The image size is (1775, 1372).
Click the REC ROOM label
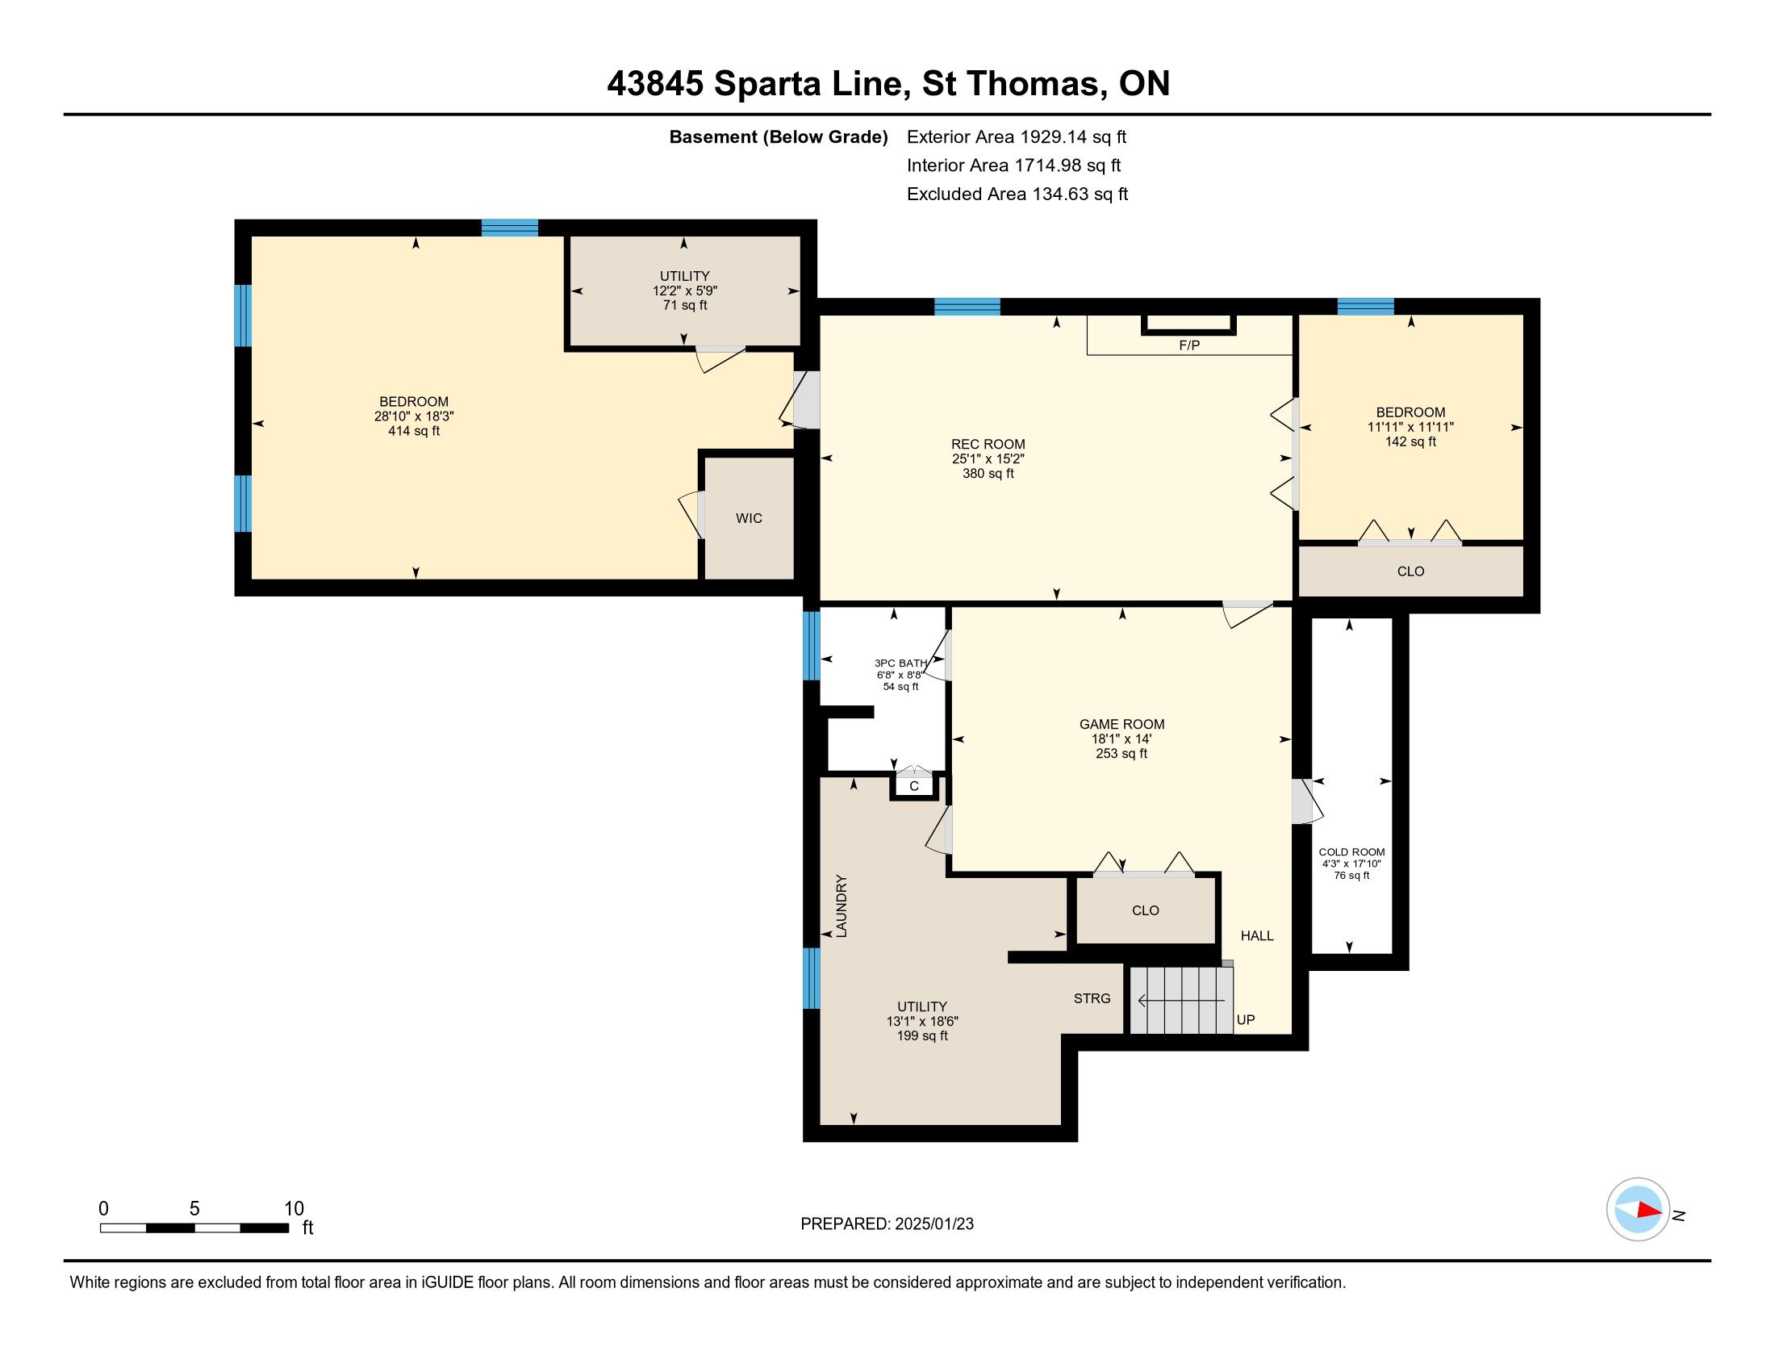pos(988,444)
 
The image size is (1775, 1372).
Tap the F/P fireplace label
pos(1189,345)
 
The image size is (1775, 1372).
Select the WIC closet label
pos(749,518)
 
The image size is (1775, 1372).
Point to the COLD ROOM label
pos(1351,851)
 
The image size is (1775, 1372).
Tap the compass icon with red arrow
pos(1639,1210)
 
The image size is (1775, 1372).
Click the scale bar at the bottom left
pos(194,1228)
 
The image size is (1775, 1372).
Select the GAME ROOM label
pos(1121,724)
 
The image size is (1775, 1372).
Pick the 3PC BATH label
pos(900,663)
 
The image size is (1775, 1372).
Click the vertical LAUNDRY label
pos(842,906)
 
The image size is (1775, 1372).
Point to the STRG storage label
pos(1092,998)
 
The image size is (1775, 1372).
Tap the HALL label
pos(1256,935)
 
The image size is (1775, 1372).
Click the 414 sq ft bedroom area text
pos(414,431)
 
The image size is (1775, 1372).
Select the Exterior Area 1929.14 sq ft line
pos(1017,136)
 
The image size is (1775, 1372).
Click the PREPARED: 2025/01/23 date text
pos(887,1224)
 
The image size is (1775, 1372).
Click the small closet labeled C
pos(914,786)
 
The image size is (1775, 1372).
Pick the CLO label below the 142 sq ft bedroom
pos(1410,571)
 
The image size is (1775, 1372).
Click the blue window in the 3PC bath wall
pos(811,646)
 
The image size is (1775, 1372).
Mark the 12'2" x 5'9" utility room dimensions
pos(684,291)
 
